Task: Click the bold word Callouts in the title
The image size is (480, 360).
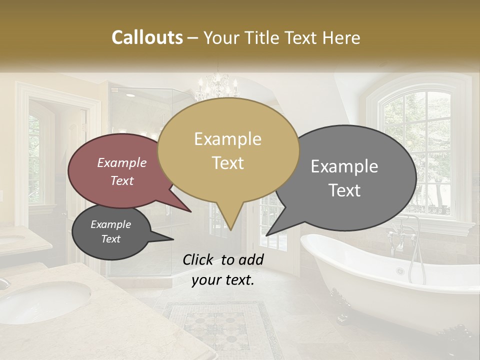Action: (x=147, y=37)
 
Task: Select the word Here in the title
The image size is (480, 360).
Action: (x=341, y=37)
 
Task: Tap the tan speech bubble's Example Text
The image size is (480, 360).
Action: (x=227, y=150)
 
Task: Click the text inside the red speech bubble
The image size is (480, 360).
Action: (x=121, y=171)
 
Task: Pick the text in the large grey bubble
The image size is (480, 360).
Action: (x=344, y=178)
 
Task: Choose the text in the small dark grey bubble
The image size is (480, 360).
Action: (x=110, y=231)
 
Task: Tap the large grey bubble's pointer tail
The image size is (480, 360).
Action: (x=268, y=233)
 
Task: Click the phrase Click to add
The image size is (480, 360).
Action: (x=222, y=259)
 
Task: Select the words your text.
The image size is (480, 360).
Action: (x=222, y=279)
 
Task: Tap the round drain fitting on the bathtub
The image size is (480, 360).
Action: (x=400, y=271)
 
